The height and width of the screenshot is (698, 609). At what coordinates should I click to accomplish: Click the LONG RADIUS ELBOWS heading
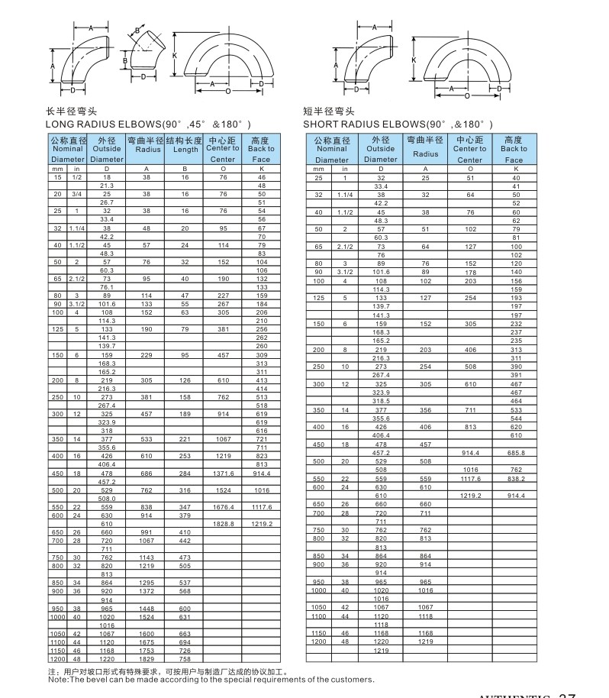(148, 124)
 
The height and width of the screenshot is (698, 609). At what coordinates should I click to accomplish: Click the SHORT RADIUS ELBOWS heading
(398, 124)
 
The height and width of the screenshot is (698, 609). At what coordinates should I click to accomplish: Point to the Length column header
(185, 150)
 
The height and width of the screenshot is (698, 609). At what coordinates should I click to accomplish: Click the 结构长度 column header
(185, 141)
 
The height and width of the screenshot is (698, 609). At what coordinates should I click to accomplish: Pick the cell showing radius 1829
(147, 658)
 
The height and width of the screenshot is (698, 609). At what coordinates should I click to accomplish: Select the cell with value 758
(185, 658)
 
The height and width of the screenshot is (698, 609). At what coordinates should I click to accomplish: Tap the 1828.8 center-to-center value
(223, 524)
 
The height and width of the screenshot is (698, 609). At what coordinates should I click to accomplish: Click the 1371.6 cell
(223, 473)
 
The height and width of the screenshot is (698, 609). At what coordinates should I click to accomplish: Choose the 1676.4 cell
(223, 507)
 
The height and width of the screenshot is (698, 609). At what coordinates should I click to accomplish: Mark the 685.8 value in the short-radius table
(516, 453)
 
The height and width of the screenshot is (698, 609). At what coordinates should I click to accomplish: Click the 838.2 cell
(516, 478)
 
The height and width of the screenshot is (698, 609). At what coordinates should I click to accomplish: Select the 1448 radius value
(147, 608)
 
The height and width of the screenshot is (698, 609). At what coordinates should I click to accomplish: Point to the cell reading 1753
(147, 650)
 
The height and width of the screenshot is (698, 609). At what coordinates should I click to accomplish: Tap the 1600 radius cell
(147, 634)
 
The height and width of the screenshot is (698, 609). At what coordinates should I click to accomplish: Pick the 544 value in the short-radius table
(516, 418)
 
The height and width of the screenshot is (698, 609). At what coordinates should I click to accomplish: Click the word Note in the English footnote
(56, 678)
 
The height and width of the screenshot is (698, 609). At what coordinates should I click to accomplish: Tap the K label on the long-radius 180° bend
(174, 57)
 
